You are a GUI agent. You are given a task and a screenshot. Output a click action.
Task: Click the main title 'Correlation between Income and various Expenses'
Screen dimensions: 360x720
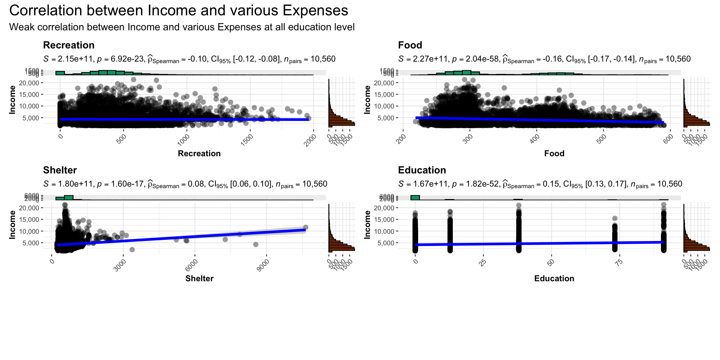click(x=178, y=11)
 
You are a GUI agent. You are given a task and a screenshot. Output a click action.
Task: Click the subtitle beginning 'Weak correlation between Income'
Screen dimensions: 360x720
click(x=182, y=27)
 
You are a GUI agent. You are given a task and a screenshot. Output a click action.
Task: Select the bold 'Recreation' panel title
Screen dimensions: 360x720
click(x=69, y=45)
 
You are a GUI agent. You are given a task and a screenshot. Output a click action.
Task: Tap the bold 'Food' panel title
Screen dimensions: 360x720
click(x=410, y=45)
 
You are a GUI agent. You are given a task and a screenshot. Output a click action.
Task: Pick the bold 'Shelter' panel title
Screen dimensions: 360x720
click(x=60, y=170)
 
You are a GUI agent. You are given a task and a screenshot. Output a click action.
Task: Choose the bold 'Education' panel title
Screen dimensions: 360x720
click(x=422, y=170)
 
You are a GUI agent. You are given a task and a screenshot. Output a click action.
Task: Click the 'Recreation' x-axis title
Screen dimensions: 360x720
click(x=199, y=153)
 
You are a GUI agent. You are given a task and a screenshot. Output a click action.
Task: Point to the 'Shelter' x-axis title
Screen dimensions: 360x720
click(x=199, y=278)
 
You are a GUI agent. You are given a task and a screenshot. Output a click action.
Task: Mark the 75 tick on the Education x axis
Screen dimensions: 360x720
click(x=618, y=262)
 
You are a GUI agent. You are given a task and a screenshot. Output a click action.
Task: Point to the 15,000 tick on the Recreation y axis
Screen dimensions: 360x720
click(x=29, y=95)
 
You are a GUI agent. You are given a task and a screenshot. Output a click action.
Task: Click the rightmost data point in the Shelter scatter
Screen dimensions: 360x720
click(x=306, y=227)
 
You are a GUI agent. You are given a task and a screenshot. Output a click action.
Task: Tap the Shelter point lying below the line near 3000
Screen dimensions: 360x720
click(x=132, y=249)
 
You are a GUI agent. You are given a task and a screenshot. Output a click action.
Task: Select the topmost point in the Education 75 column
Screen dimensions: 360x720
click(x=615, y=218)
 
